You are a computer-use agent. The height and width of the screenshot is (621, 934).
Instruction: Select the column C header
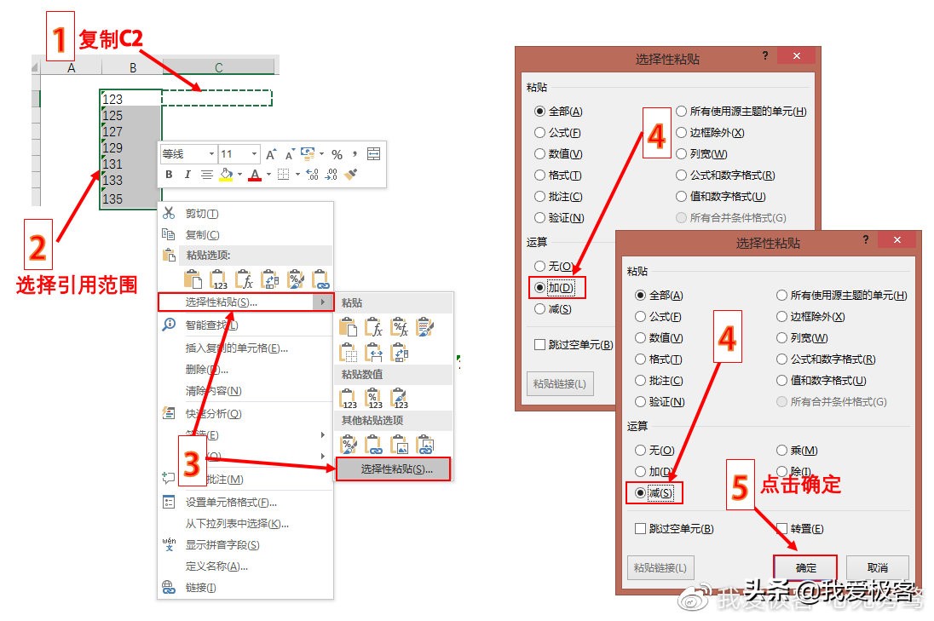219,67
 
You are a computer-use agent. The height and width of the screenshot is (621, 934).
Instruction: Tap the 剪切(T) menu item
201,214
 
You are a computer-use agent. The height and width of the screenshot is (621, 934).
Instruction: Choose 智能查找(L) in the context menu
211,325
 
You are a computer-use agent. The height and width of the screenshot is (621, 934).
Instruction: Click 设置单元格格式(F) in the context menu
231,503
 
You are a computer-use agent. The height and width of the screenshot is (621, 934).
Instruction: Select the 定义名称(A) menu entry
216,566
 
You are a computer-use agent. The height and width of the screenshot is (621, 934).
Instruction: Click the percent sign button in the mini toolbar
337,154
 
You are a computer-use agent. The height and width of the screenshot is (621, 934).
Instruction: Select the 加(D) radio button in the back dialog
539,288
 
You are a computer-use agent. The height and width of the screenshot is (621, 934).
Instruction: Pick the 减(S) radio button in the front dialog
641,492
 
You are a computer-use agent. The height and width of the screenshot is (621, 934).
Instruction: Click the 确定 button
805,568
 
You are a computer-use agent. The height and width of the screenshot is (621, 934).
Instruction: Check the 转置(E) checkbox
782,529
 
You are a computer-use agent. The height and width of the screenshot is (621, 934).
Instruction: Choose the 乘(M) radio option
782,451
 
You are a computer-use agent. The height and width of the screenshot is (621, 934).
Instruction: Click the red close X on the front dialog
896,242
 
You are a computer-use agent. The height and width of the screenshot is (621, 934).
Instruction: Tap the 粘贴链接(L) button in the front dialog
660,568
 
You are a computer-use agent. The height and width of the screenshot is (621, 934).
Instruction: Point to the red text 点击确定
800,485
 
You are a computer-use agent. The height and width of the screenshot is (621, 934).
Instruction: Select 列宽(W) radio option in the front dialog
782,338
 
